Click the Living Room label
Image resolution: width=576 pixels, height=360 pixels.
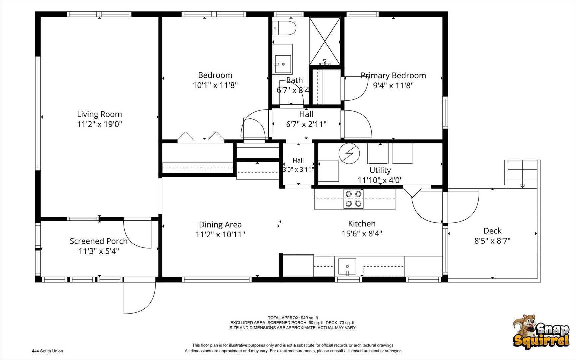(x=99, y=114)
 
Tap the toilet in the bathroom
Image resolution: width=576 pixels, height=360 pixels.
(x=284, y=28)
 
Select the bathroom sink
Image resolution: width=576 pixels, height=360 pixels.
(x=283, y=63)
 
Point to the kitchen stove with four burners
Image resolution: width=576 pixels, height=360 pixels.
(x=353, y=199)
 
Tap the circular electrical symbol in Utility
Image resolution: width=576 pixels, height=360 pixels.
(x=349, y=154)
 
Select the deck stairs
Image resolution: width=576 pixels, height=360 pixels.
(x=522, y=174)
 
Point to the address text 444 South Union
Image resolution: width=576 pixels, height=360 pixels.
(x=47, y=351)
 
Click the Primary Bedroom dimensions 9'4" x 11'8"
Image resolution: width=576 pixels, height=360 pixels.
(x=393, y=86)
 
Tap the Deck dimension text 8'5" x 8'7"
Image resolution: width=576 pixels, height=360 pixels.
(x=492, y=241)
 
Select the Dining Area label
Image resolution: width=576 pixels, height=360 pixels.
(x=220, y=225)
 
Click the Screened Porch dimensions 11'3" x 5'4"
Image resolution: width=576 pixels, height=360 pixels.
(x=99, y=251)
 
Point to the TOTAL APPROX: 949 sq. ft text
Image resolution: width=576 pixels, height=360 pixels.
(x=293, y=318)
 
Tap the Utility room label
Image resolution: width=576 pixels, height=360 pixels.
(x=380, y=170)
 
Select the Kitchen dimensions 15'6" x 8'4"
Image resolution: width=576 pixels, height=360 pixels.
(x=362, y=234)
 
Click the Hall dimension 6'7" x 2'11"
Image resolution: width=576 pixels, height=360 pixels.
(x=306, y=124)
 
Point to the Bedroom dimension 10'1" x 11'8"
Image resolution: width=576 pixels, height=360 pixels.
(x=215, y=85)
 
